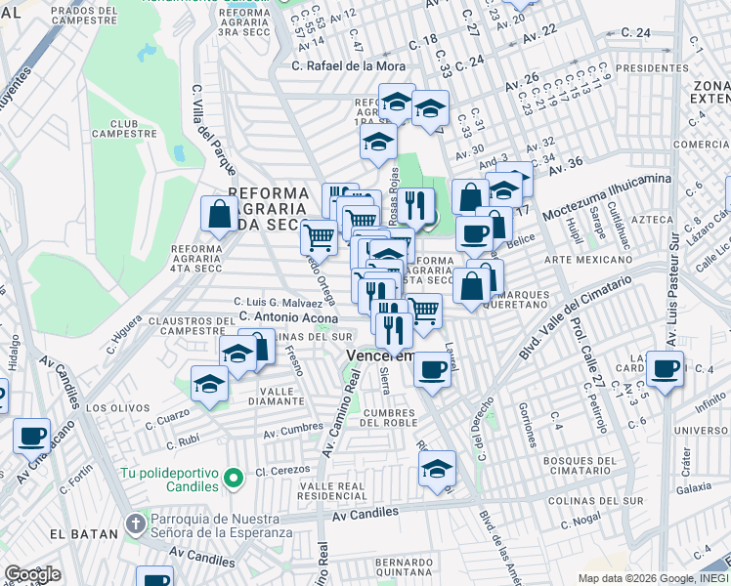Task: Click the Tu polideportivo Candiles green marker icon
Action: point(232,478)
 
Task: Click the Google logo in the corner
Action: point(32,574)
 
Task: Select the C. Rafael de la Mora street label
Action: point(348,66)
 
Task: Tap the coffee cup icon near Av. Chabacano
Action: point(31,435)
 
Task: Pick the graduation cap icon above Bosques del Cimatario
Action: point(438,468)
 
